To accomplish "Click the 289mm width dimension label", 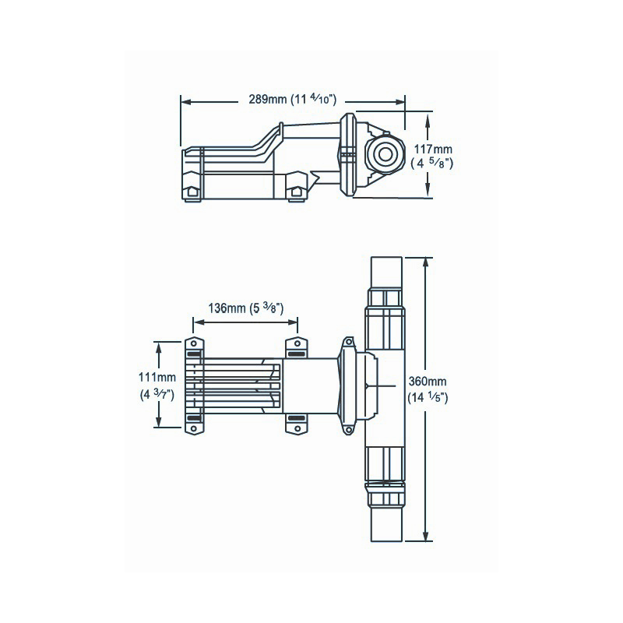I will (x=267, y=100).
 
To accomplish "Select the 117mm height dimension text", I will (x=432, y=149).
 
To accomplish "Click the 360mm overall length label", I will (x=428, y=381).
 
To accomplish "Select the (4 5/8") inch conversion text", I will (x=432, y=164).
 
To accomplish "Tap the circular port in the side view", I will (x=383, y=153).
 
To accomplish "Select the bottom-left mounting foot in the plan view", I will (x=194, y=421).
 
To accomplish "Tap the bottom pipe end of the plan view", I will (x=385, y=526).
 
